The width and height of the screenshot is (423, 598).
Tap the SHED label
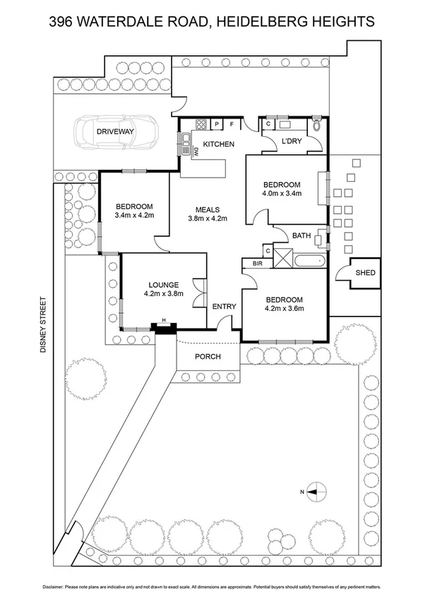365,274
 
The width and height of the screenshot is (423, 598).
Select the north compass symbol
315,491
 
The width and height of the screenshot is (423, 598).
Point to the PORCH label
208,357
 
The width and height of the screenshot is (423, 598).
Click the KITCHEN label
218,145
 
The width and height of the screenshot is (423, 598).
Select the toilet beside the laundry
318,126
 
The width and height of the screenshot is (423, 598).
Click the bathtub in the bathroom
309,262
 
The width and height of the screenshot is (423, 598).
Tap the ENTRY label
224,306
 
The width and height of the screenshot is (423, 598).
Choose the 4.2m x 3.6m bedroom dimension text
284,307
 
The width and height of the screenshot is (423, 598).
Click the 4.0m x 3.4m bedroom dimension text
282,193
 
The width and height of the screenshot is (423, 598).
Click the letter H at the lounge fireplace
164,321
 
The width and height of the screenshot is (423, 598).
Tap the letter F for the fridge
231,126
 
